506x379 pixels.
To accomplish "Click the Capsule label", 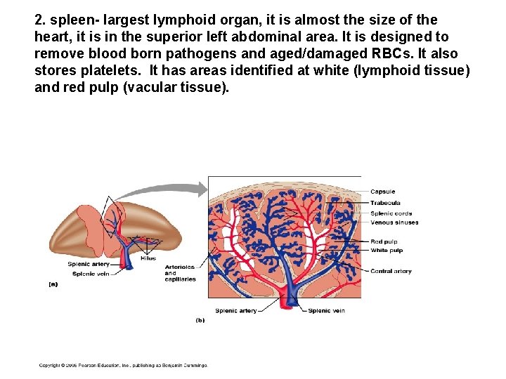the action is (x=382, y=192).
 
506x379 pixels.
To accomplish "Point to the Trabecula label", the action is (x=385, y=203).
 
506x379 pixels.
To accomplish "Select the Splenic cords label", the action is (x=391, y=213).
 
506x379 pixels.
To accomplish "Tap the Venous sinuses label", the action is (x=394, y=222).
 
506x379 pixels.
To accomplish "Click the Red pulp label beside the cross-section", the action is (x=384, y=241).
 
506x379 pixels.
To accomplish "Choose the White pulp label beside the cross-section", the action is (x=386, y=250).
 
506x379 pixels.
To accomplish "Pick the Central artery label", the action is (x=391, y=271).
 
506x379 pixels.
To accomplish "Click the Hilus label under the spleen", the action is (x=148, y=258).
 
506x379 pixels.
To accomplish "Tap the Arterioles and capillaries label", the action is (x=180, y=273).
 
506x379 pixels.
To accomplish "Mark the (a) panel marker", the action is (x=53, y=284).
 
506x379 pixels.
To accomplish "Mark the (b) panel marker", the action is (x=200, y=320).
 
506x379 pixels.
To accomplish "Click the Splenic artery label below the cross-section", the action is (x=235, y=310).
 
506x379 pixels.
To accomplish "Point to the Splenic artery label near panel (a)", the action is (x=89, y=264).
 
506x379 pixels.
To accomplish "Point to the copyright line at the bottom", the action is (x=123, y=366).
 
